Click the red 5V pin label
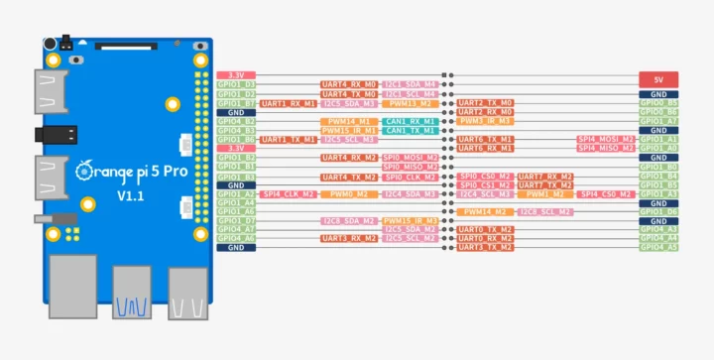click(658, 76)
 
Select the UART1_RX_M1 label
click(289, 103)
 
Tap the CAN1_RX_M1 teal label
click(410, 121)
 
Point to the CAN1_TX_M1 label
click(410, 130)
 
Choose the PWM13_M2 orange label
click(410, 103)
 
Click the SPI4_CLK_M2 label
click(289, 193)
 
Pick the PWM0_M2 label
click(349, 193)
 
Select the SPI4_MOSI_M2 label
click(606, 139)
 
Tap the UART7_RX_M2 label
click(545, 176)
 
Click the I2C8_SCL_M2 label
click(545, 211)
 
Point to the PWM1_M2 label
click(545, 193)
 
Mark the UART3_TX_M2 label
click(485, 247)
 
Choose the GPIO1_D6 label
click(658, 211)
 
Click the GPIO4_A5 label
click(658, 247)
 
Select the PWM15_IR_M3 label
click(349, 130)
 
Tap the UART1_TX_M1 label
click(289, 139)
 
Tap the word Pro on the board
click(171, 172)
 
